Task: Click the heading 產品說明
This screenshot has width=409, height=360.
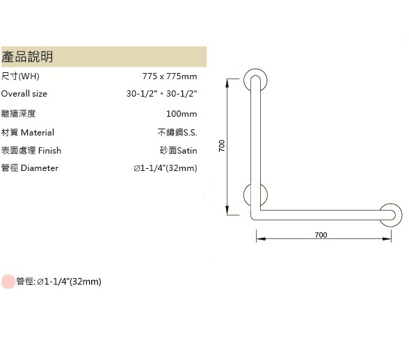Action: coord(27,56)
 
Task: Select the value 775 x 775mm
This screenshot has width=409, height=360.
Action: coord(170,76)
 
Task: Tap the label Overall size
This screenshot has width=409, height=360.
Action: coord(24,94)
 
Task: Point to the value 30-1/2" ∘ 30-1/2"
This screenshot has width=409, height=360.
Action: coord(161,93)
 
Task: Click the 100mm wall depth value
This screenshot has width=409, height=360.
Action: coord(182,114)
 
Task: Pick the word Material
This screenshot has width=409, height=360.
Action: coord(38,133)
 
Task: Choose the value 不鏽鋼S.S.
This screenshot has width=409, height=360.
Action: coord(177,133)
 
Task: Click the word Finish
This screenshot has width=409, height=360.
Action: coord(50,150)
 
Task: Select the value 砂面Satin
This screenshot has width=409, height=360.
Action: coord(178,150)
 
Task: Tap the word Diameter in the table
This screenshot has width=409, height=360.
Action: coord(40,168)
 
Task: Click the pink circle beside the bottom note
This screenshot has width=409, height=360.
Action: coord(8,281)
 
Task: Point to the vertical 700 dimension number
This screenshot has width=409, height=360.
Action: coord(222,146)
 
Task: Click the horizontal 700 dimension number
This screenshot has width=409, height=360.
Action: coord(321,235)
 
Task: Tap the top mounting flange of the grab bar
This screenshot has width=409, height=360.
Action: coord(246,81)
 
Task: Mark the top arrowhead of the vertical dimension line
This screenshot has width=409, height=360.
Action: coord(227,83)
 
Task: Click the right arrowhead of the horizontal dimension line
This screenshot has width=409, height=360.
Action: coord(387,239)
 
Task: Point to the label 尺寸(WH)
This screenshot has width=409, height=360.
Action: coord(20,76)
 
